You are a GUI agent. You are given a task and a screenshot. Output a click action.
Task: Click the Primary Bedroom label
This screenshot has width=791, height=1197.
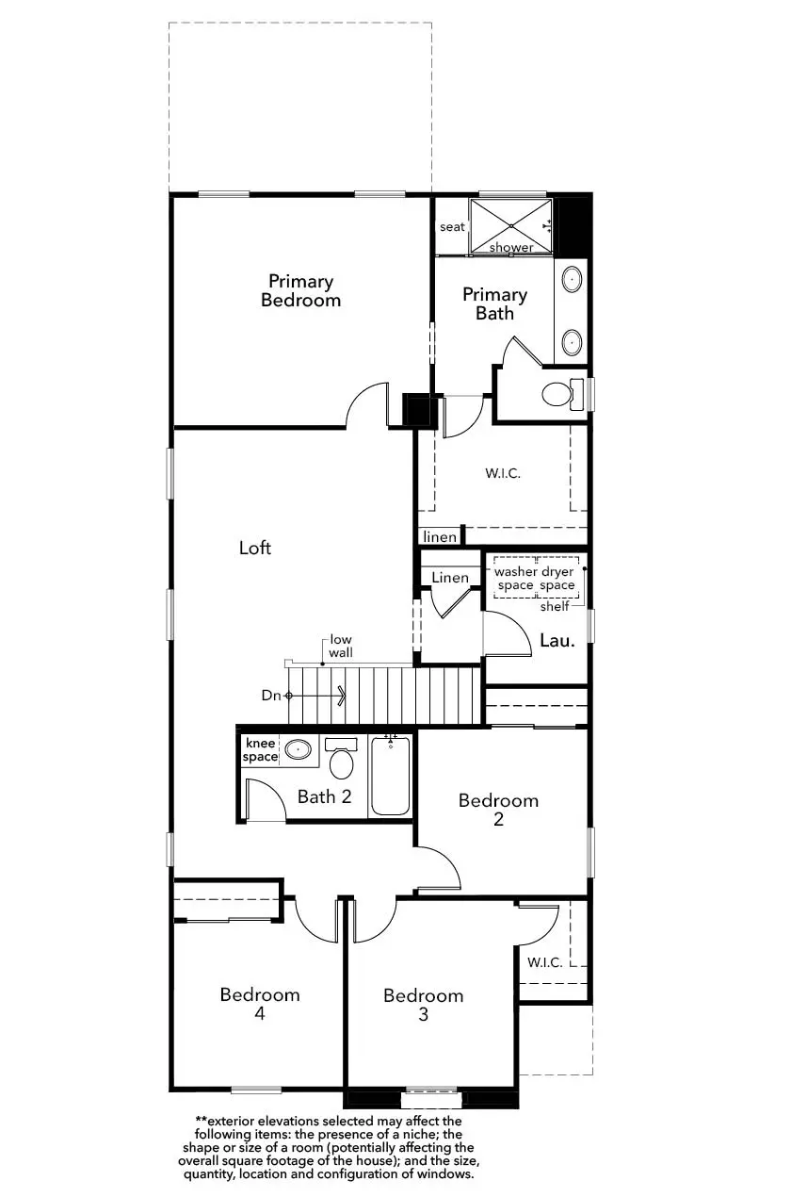pyautogui.click(x=300, y=290)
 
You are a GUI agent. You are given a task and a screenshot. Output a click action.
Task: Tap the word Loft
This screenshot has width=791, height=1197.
pyautogui.click(x=254, y=548)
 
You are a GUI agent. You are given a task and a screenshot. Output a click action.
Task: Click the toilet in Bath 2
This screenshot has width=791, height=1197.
pyautogui.click(x=341, y=759)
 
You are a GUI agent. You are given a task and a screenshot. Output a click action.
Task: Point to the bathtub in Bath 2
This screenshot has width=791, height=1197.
pyautogui.click(x=390, y=776)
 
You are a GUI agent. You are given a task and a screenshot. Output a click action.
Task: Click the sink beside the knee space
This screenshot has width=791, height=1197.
pyautogui.click(x=298, y=749)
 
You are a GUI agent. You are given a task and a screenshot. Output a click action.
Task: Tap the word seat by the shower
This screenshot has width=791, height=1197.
pyautogui.click(x=452, y=227)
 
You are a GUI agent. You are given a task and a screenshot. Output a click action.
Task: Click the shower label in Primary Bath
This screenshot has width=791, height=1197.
pyautogui.click(x=511, y=248)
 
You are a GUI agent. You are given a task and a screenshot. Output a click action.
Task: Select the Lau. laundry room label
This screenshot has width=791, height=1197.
pyautogui.click(x=557, y=640)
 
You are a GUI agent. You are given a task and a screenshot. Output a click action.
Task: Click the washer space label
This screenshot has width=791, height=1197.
pyautogui.click(x=515, y=578)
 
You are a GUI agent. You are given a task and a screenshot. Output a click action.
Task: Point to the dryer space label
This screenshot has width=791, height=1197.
pyautogui.click(x=557, y=578)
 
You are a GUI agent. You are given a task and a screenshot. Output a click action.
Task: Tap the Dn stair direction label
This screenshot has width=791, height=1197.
pyautogui.click(x=271, y=696)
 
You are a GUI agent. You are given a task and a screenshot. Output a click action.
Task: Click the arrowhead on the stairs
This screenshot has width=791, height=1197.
pyautogui.click(x=342, y=696)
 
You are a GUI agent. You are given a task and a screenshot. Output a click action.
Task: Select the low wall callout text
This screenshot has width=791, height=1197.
pyautogui.click(x=341, y=646)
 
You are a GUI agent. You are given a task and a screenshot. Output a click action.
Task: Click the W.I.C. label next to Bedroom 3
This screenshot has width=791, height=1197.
pyautogui.click(x=545, y=962)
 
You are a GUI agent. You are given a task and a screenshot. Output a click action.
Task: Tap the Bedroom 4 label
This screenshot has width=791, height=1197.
pyautogui.click(x=260, y=1004)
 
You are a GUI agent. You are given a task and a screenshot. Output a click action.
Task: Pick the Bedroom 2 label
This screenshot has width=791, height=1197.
pyautogui.click(x=498, y=810)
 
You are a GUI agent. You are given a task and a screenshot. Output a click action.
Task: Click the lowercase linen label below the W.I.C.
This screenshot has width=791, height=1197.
pyautogui.click(x=440, y=537)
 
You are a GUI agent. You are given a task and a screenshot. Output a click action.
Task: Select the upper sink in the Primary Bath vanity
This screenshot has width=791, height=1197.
pyautogui.click(x=572, y=280)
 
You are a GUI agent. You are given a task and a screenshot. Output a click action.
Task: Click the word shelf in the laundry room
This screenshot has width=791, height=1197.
pyautogui.click(x=555, y=607)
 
